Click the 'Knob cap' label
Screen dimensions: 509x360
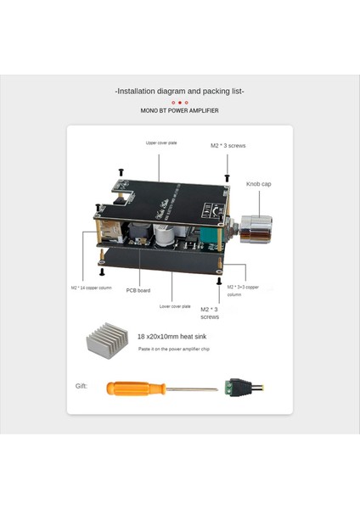click(x=259, y=183)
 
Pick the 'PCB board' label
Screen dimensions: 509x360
click(x=138, y=290)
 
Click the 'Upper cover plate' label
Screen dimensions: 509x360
click(x=162, y=143)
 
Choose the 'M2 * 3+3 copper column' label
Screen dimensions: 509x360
click(x=245, y=290)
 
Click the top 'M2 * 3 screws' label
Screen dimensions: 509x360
click(x=228, y=146)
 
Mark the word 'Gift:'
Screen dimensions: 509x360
click(x=82, y=386)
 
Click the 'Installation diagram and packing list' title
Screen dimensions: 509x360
click(x=180, y=91)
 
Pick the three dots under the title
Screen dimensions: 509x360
click(x=180, y=102)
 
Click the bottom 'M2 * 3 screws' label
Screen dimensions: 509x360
click(x=211, y=314)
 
